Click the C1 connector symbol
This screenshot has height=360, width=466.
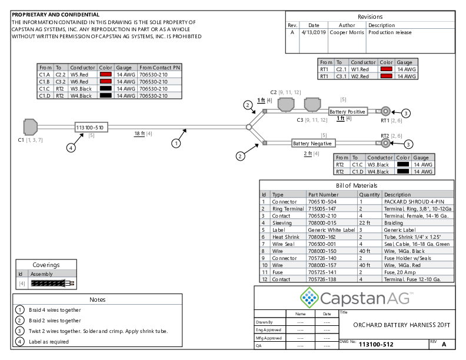click(30, 126)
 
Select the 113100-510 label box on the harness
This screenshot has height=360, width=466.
click(90, 127)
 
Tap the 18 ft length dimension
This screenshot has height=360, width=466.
click(139, 134)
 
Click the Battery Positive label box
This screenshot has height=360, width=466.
click(347, 112)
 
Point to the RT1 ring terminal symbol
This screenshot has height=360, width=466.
click(385, 111)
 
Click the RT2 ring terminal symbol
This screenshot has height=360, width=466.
click(385, 142)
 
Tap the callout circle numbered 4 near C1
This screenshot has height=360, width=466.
click(71, 148)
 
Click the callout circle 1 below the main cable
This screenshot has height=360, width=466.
click(175, 142)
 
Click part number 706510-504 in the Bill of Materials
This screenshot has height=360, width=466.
click(322, 201)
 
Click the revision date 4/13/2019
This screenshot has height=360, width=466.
click(314, 33)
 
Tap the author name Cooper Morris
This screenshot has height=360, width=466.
click(347, 33)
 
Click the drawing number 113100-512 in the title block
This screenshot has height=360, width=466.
click(376, 344)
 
